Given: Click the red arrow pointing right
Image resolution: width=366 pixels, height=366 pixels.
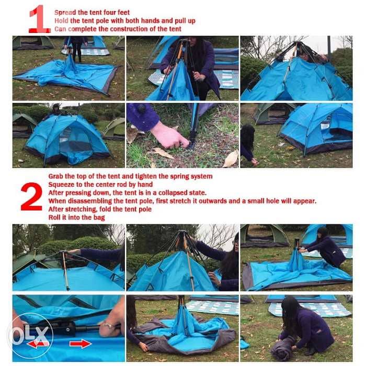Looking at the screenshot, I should coord(79,344).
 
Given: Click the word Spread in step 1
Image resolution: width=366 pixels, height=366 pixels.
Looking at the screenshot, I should coord(65,12).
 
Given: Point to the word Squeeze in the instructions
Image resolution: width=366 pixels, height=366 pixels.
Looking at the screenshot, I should coord(62,184).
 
